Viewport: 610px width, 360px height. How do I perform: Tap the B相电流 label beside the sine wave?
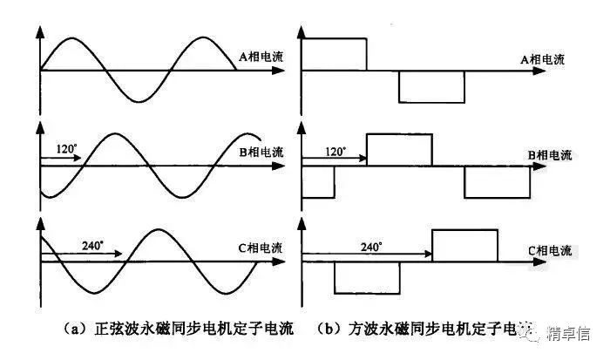click(260, 153)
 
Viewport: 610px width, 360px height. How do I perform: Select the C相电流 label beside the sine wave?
click(261, 248)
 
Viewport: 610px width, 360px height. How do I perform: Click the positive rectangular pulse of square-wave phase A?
click(335, 54)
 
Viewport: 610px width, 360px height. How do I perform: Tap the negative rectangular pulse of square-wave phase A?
click(431, 86)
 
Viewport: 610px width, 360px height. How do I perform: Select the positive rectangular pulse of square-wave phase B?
click(399, 149)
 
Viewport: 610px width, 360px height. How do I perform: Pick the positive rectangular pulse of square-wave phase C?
click(464, 244)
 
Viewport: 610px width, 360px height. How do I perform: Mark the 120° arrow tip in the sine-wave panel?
click(79, 160)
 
